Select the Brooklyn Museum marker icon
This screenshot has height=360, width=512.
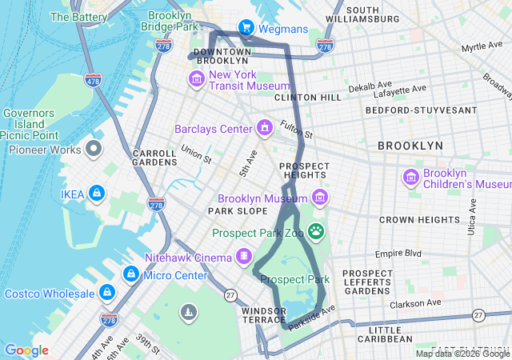[x=320, y=197]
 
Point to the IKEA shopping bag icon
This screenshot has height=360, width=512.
[x=96, y=193]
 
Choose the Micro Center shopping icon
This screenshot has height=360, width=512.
[x=129, y=274]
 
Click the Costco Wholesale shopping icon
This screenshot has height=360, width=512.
[x=107, y=293]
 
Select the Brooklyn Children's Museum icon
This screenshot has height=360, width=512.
[x=411, y=177]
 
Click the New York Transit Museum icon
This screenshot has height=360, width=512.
[x=196, y=79]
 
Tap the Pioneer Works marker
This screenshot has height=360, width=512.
[x=94, y=149]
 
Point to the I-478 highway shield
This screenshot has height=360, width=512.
[x=93, y=81]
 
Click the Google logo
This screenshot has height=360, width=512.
[x=26, y=350]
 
